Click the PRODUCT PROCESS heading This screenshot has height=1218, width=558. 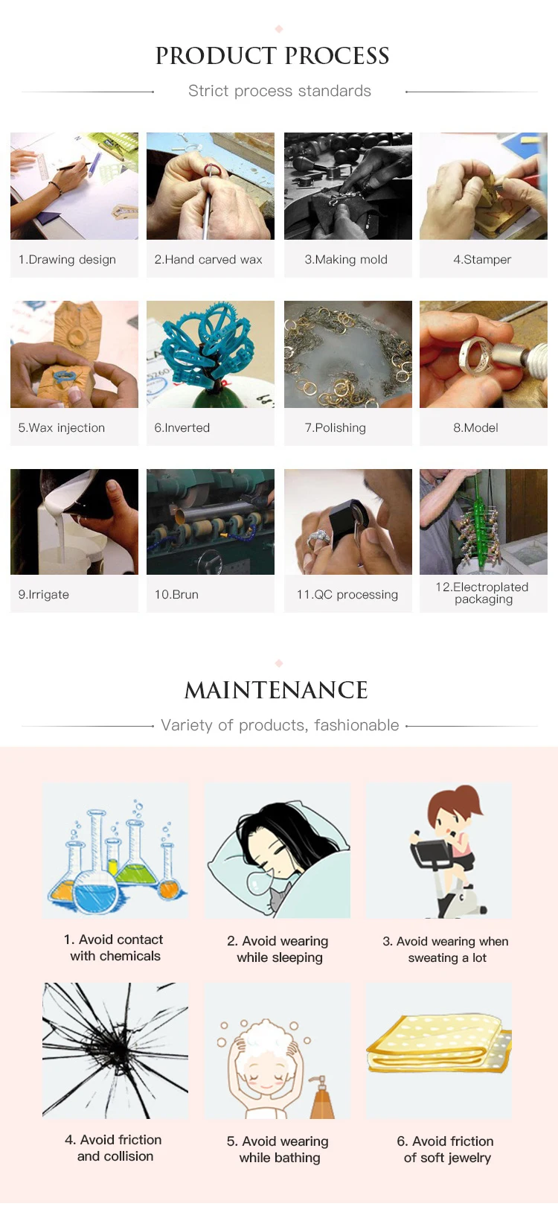point(272,56)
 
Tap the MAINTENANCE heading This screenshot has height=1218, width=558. point(276,691)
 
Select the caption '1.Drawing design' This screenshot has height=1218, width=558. point(67,259)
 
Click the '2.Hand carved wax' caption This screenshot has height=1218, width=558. point(208,259)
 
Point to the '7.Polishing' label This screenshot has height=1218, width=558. point(336,428)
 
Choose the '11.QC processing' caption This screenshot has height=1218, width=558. point(347,594)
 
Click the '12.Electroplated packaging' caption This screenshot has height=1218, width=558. point(482,593)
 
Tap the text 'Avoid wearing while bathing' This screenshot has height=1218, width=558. point(285,1149)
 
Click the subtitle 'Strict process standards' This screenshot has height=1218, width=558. point(279,91)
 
